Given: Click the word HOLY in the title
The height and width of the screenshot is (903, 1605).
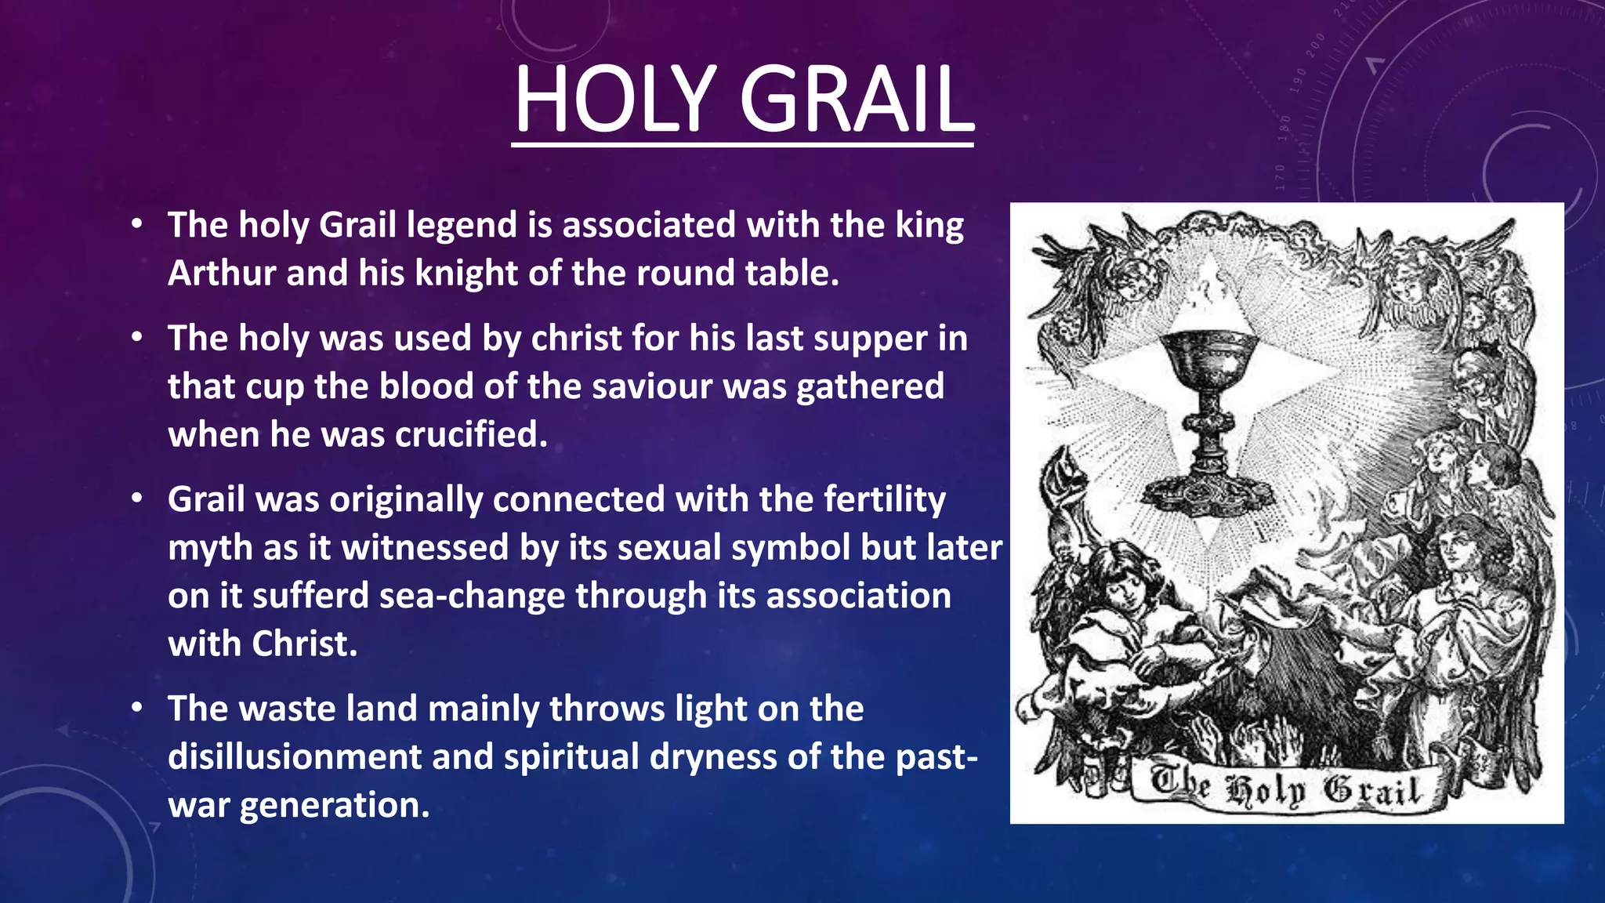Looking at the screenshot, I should [x=615, y=100].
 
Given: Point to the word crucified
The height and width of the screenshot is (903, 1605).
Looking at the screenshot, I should [x=471, y=435].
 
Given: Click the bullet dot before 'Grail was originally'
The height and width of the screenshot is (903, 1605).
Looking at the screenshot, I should [x=137, y=499].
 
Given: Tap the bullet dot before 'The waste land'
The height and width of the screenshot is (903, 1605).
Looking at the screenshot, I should [x=137, y=708].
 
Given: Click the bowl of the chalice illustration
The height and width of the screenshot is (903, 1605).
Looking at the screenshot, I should [x=1208, y=357].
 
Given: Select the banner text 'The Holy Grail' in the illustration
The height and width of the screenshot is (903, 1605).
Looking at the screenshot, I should [x=1285, y=788].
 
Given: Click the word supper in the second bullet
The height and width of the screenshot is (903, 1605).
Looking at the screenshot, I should [x=875, y=339].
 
